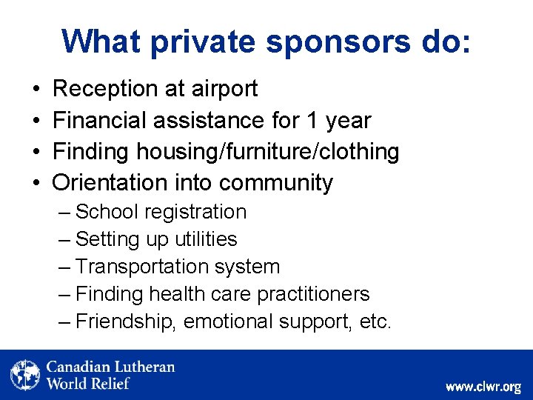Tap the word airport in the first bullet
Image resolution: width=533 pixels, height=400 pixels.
(x=223, y=89)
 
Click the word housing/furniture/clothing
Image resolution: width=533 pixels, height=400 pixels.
(x=267, y=152)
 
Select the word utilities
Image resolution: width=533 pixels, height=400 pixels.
(x=206, y=239)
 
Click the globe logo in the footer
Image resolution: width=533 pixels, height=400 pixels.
(x=25, y=375)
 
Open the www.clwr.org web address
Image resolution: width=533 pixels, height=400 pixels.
(x=483, y=387)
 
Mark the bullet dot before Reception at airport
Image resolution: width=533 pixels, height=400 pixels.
(x=37, y=90)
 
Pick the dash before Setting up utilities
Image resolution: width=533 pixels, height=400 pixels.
(x=64, y=239)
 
